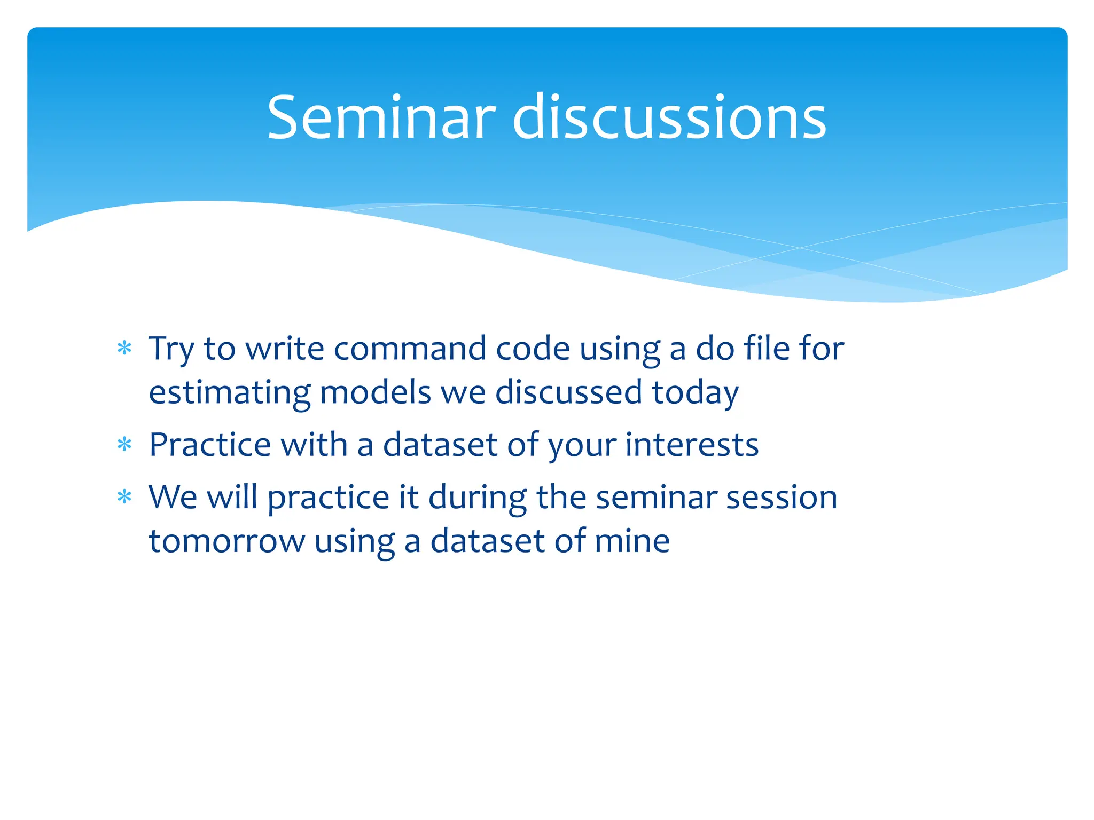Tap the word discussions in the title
[669, 117]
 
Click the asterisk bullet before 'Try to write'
[124, 349]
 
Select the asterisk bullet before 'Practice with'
[124, 444]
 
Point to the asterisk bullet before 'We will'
[124, 497]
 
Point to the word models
[375, 392]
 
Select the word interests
[692, 444]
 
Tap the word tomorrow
[226, 541]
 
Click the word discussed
[568, 392]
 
